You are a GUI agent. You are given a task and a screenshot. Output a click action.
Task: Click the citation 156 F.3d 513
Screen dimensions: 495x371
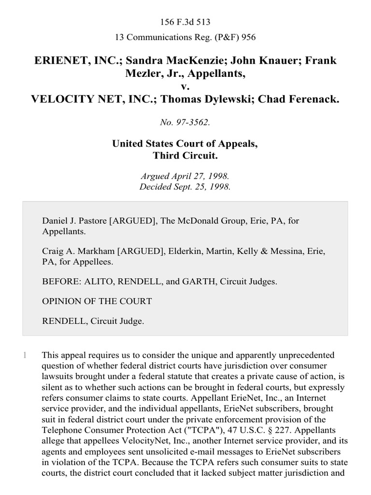(x=185, y=22)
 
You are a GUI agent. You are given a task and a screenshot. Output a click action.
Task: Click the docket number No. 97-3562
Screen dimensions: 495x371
(x=185, y=123)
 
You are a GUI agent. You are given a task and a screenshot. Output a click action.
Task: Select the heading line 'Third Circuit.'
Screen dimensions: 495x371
(x=185, y=156)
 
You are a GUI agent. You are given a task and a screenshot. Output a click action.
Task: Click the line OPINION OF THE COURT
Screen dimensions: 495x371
(x=97, y=301)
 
